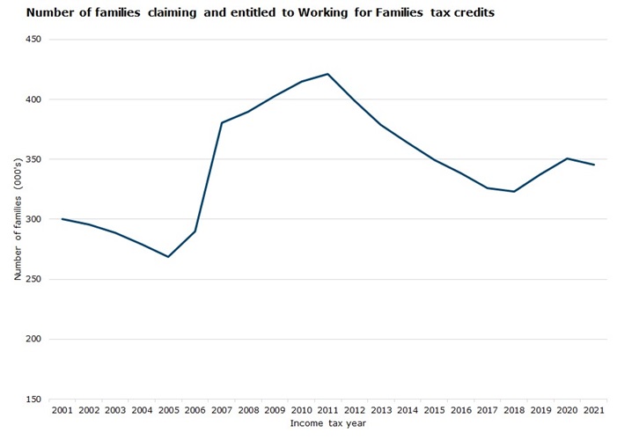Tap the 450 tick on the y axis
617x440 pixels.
click(x=33, y=40)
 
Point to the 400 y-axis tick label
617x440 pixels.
click(x=33, y=99)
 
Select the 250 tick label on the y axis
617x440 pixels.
click(x=33, y=279)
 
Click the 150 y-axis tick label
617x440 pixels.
click(x=33, y=400)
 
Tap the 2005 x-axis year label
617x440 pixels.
click(x=168, y=411)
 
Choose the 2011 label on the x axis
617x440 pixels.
click(x=327, y=411)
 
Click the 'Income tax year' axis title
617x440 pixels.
click(x=327, y=423)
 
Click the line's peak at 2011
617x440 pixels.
click(x=327, y=74)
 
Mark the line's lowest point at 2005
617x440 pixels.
click(x=168, y=257)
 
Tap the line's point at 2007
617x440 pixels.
click(x=222, y=122)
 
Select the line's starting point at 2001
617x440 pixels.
click(x=62, y=219)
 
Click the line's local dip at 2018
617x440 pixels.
click(x=513, y=192)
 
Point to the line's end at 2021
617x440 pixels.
click(x=593, y=165)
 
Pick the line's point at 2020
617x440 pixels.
click(x=567, y=158)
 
